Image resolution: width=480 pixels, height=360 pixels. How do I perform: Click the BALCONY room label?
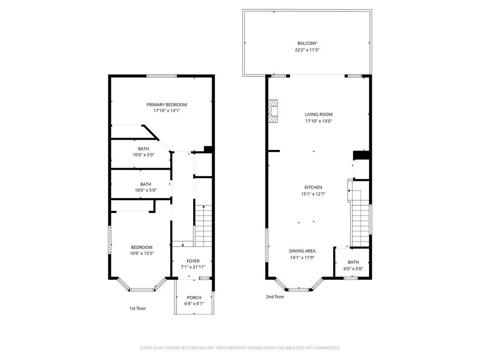[x=307, y=44]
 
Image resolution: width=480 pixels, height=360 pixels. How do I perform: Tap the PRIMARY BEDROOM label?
[x=166, y=105]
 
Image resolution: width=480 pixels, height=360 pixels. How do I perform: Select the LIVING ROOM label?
[x=318, y=114]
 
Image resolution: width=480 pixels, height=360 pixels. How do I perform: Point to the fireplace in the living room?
[x=273, y=111]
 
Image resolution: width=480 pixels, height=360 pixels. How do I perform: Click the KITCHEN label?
[x=313, y=187]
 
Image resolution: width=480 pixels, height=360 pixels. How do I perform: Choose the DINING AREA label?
[x=302, y=251]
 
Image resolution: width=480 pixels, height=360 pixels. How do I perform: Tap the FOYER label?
[x=193, y=261]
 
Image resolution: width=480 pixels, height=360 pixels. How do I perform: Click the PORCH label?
[x=194, y=298]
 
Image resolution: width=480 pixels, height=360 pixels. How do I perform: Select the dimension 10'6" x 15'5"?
[x=142, y=253]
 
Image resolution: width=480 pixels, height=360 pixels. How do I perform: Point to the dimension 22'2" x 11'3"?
[x=307, y=50]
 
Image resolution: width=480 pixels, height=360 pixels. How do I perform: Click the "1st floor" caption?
[x=137, y=308]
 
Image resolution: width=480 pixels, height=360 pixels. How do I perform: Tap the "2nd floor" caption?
[x=275, y=297]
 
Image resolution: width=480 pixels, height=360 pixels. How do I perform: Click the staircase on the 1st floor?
[x=203, y=225]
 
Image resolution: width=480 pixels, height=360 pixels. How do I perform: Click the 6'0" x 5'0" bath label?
[x=353, y=266]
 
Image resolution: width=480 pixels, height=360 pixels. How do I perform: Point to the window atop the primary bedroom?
[x=162, y=76]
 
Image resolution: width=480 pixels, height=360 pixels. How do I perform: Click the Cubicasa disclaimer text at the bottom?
[x=240, y=348]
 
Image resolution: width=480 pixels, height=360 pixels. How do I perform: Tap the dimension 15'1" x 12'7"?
[x=313, y=194]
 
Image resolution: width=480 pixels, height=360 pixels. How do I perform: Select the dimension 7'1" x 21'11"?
[x=193, y=267]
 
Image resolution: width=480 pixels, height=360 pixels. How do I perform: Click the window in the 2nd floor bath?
[x=351, y=278]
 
